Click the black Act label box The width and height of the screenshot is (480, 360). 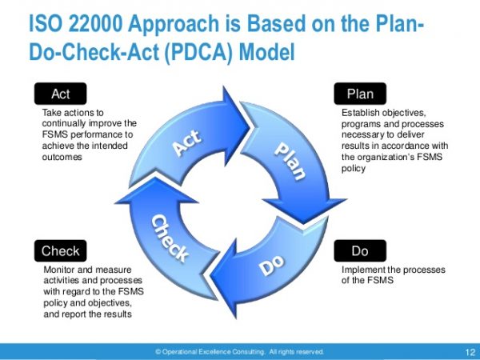click(x=61, y=94)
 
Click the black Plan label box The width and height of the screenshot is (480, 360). click(x=361, y=94)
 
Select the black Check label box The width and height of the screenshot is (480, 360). click(x=61, y=251)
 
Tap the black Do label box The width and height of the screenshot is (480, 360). click(x=360, y=251)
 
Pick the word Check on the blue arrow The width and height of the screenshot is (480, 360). click(x=170, y=237)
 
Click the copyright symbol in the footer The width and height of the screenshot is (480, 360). click(x=158, y=351)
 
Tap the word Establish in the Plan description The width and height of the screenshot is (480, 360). click(x=360, y=113)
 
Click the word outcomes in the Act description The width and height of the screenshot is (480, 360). click(x=62, y=158)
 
